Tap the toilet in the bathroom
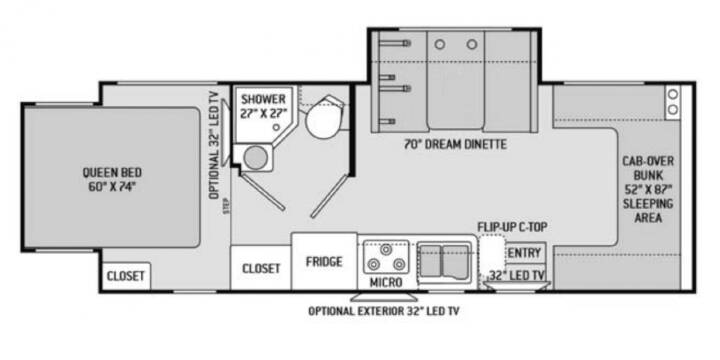pos(324,117)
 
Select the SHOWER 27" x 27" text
pos(264,106)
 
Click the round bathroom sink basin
pos(255,158)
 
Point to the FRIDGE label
pos(324,262)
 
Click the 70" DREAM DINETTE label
pos(455,145)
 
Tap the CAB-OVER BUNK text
pos(648,168)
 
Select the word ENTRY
pos(524,253)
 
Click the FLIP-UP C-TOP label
pos(512,227)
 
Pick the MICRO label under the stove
pos(386,282)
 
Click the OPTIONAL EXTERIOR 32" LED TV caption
pos(383,311)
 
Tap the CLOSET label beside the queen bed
pos(125,276)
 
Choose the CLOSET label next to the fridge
pos(261,269)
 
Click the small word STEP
pos(226,206)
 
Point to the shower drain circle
pos(276,127)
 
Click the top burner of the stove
pos(385,249)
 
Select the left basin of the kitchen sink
pos(430,260)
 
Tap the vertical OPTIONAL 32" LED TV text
pos(214,144)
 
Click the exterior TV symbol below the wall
pos(384,297)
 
